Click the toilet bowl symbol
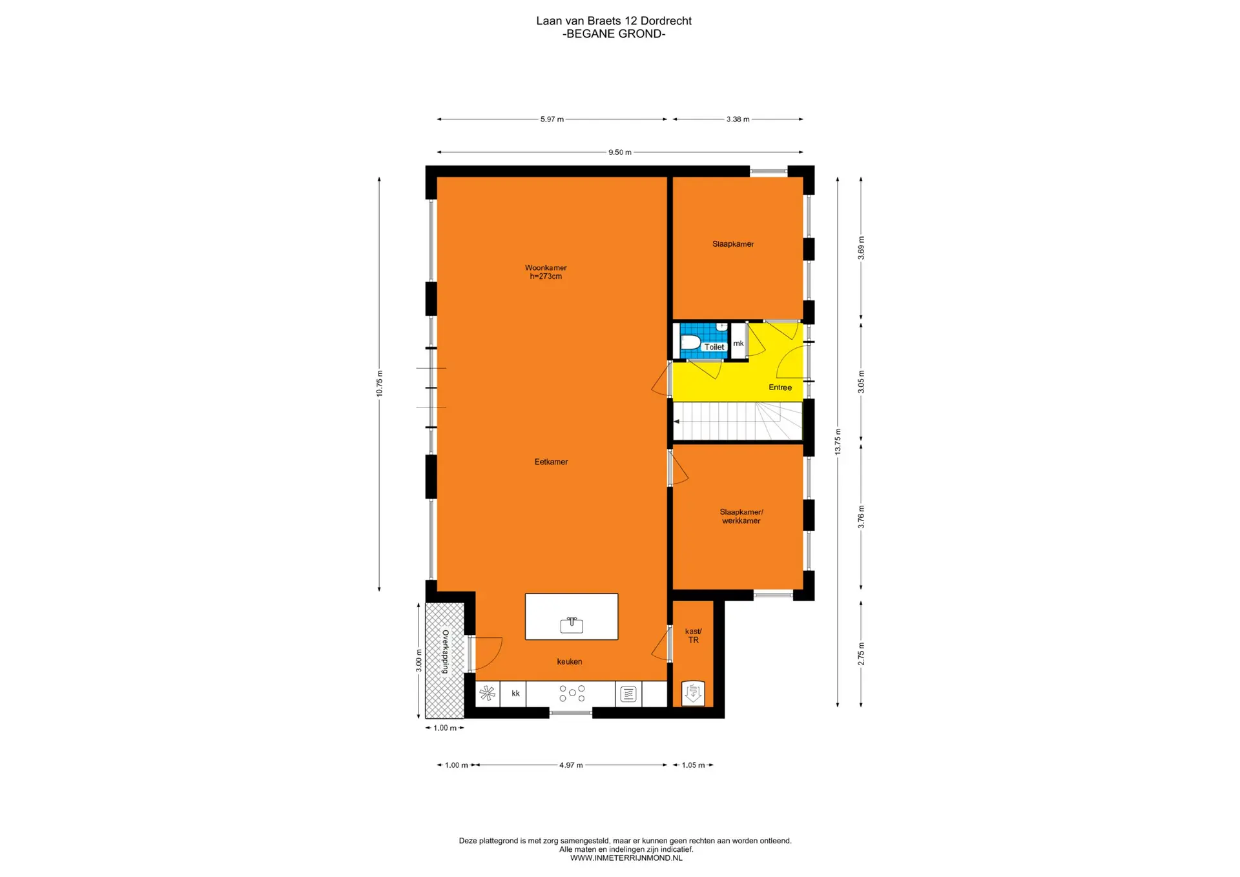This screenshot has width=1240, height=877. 690,342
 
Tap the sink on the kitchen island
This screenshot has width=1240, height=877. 572,624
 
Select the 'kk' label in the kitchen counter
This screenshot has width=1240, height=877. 515,694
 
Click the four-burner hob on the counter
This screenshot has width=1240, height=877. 572,694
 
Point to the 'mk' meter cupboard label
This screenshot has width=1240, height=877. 738,344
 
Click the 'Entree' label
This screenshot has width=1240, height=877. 780,387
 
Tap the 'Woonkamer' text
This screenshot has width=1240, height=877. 546,267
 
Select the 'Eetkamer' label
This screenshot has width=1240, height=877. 552,462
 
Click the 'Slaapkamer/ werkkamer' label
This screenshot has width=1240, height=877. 741,516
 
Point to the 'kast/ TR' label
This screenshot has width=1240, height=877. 694,635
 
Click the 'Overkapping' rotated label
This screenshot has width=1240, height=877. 445,652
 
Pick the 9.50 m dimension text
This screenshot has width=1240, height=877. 620,152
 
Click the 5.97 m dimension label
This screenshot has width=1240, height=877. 552,119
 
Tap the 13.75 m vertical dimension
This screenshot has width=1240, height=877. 838,442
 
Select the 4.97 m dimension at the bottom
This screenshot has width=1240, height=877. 571,765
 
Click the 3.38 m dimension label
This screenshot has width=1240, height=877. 738,119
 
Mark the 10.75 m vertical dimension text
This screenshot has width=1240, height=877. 380,384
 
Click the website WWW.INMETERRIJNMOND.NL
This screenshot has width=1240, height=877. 626,858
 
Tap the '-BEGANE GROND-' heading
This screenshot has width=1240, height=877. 614,34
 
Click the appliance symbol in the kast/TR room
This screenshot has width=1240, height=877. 693,693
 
